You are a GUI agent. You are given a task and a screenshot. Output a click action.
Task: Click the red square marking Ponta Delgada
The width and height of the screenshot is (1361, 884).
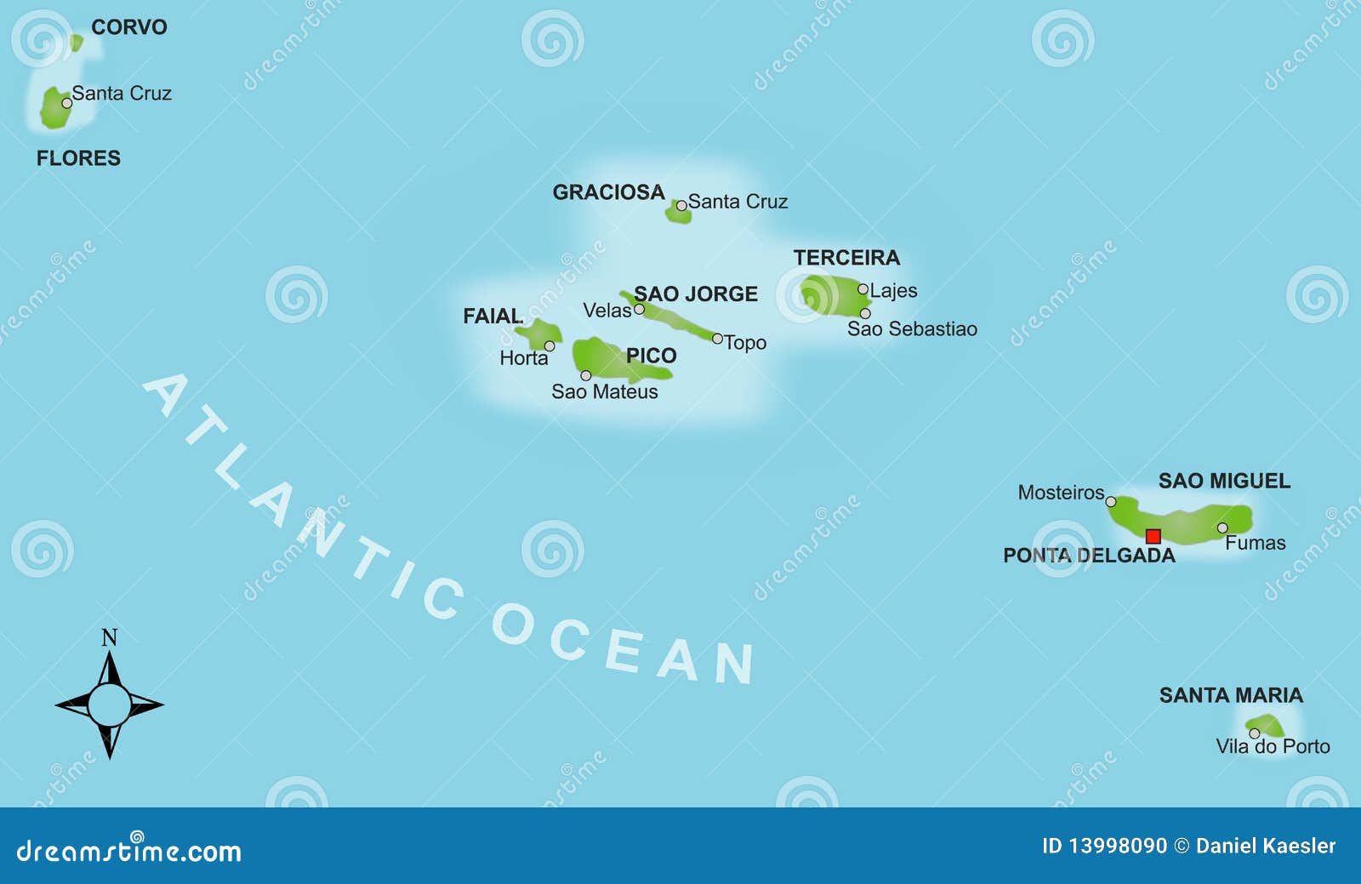[x=1153, y=536]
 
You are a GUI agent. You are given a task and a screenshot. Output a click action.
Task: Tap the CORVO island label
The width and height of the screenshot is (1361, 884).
[x=129, y=27]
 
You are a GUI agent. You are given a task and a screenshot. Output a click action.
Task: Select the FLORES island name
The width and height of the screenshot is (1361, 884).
[x=78, y=158]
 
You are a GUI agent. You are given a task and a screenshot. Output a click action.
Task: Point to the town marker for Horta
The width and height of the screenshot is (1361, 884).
[x=550, y=346]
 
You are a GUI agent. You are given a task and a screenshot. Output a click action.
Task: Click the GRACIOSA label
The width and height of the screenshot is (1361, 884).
[x=608, y=192]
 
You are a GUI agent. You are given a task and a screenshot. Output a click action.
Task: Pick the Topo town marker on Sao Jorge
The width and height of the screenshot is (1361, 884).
[x=717, y=339]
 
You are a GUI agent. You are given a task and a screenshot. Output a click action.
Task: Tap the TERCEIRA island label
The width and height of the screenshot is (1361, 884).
[x=846, y=258]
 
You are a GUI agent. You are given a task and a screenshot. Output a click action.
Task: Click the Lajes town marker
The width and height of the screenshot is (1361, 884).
[x=863, y=289]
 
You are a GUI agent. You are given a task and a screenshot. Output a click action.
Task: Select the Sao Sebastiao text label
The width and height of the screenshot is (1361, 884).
[x=912, y=329]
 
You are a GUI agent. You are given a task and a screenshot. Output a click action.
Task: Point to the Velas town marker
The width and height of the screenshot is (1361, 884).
[x=639, y=310]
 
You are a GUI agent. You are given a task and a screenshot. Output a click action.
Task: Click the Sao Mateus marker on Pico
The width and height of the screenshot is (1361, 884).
[x=585, y=375]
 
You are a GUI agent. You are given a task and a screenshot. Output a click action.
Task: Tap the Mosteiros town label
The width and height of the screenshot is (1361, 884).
[x=1061, y=493]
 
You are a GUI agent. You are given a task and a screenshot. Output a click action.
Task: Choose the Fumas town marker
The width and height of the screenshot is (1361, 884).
[x=1222, y=528]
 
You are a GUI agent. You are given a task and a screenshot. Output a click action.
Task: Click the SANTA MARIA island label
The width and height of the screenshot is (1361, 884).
[x=1231, y=695]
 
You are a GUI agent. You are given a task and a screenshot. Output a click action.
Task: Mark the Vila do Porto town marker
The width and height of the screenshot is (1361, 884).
[x=1254, y=733]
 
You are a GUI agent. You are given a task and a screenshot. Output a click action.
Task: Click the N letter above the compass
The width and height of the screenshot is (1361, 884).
[x=109, y=638]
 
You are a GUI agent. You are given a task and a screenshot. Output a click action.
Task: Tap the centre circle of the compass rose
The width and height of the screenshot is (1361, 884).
[x=109, y=704]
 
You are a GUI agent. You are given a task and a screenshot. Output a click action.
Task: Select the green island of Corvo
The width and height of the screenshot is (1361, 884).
[x=77, y=42]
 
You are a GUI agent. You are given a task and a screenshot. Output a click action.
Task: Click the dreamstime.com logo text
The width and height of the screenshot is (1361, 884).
[x=129, y=851]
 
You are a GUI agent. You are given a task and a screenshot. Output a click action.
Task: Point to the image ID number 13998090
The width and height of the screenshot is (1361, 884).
[x=1118, y=846]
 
